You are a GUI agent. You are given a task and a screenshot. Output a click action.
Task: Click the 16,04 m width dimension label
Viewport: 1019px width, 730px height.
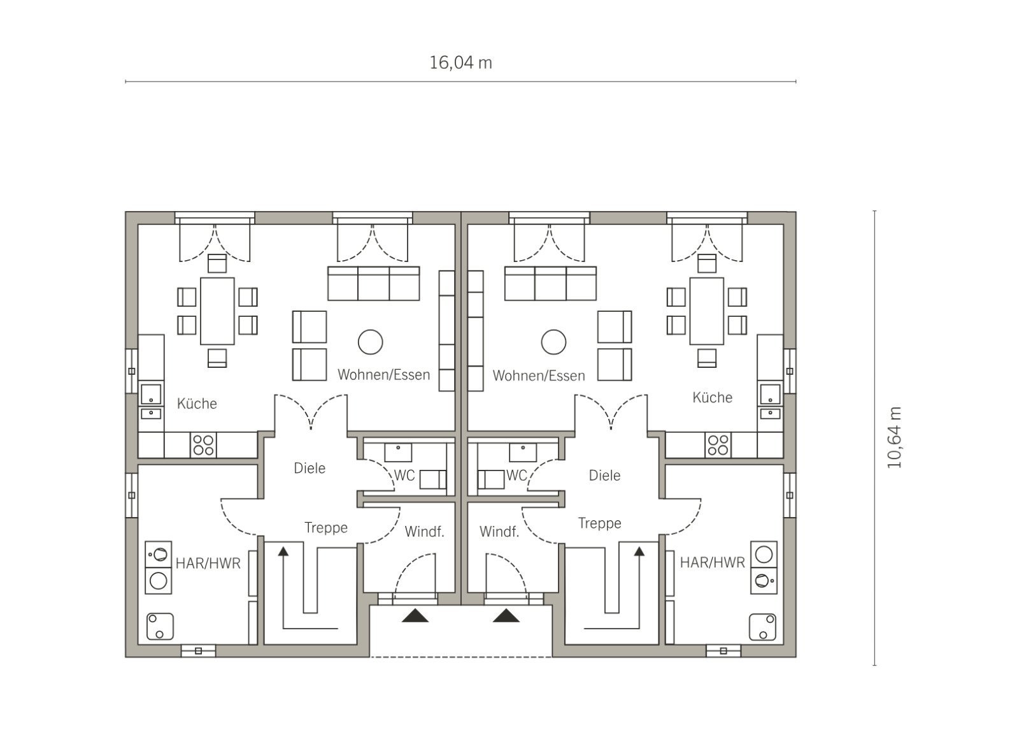click(x=460, y=63)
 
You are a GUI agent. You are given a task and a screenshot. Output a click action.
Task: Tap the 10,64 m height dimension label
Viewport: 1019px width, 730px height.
click(x=894, y=437)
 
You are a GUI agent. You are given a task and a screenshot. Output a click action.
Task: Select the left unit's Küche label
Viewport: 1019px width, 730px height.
click(x=197, y=404)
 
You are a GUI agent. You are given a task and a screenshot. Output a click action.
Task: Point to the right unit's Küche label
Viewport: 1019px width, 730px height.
click(x=713, y=398)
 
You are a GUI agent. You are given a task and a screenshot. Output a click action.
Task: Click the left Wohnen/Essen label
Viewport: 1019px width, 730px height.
click(x=383, y=375)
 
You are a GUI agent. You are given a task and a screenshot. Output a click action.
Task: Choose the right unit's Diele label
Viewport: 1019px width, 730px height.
click(x=604, y=476)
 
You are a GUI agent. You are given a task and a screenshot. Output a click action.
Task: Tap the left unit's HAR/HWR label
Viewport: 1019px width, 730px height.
click(x=208, y=564)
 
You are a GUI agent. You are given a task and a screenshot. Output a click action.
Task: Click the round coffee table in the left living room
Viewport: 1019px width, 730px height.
click(x=370, y=342)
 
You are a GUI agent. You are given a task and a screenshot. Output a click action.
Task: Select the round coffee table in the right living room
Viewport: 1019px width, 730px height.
click(x=553, y=342)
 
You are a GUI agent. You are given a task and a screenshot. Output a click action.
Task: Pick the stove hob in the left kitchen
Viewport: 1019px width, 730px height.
click(x=203, y=445)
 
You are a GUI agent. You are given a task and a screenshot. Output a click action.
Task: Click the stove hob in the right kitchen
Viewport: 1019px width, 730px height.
click(x=718, y=445)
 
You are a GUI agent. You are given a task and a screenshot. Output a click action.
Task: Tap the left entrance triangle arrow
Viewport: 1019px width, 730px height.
click(x=415, y=616)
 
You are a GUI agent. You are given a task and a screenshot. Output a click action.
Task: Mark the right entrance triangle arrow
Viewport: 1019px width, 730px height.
click(x=506, y=616)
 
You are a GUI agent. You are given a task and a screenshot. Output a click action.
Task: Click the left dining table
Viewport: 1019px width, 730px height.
click(x=217, y=311)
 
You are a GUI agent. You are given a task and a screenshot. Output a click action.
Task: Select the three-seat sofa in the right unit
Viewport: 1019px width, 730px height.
click(x=550, y=283)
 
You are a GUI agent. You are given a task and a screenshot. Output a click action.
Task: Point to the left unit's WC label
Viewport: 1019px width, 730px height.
click(x=404, y=476)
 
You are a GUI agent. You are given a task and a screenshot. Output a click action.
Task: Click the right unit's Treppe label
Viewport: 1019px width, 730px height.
click(x=599, y=523)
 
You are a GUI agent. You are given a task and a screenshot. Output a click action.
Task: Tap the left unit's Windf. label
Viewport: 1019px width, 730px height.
click(x=424, y=532)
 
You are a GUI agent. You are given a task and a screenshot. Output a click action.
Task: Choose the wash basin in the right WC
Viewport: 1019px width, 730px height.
click(x=523, y=453)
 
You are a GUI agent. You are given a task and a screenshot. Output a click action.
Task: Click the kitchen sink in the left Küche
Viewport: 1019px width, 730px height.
click(x=151, y=395)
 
